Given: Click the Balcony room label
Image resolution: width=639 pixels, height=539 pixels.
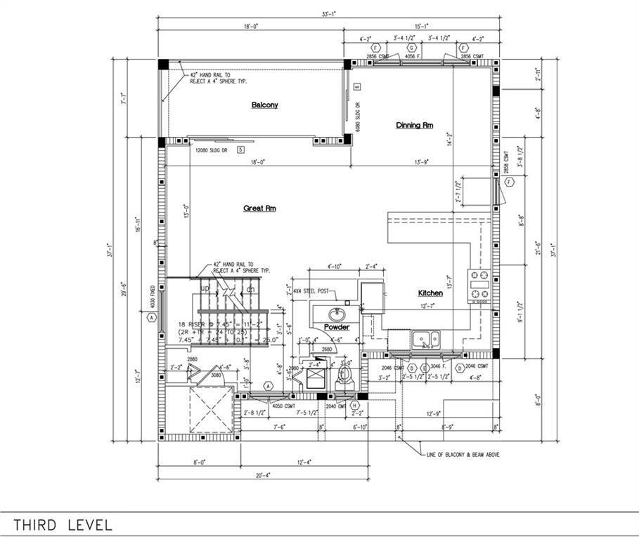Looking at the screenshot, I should tap(265, 105).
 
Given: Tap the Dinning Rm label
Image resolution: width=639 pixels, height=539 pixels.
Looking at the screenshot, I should tap(414, 125).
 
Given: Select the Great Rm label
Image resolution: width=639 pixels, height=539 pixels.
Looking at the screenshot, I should tap(259, 208).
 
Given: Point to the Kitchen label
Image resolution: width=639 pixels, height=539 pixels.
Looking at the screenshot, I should tap(430, 293).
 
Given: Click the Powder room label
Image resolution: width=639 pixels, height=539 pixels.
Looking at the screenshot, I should tap(337, 327).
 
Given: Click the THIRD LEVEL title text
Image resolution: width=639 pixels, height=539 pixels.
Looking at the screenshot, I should tap(63, 525).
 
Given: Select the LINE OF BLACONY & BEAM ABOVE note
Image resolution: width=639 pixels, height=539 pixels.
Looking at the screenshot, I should tap(463, 455).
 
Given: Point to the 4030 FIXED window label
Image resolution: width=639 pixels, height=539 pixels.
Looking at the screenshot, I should tap(151, 298).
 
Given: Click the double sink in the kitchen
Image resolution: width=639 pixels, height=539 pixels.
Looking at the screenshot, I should tap(425, 339).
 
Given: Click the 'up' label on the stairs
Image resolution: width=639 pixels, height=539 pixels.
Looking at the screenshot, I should tap(205, 288).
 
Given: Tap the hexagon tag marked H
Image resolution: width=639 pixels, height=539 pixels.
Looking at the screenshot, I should tap(355, 406).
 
